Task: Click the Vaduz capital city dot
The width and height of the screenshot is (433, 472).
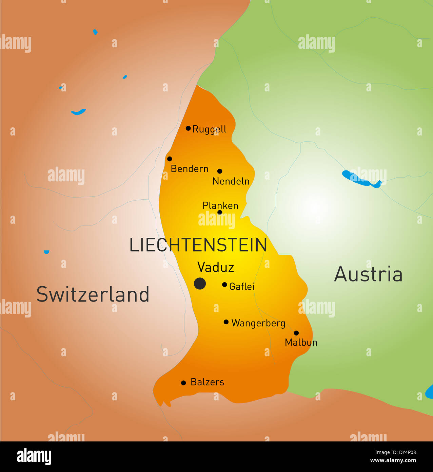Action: coord(200,283)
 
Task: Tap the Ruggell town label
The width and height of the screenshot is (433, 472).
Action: coord(209,129)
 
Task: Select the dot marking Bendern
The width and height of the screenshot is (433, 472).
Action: coord(170,159)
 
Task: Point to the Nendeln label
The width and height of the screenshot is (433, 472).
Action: coord(231,181)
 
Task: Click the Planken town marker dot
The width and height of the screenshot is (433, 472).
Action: coord(220,213)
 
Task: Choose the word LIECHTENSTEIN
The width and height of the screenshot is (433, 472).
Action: coord(198,245)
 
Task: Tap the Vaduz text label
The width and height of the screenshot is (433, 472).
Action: coord(216,268)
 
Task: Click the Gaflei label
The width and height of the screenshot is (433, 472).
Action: coord(242,287)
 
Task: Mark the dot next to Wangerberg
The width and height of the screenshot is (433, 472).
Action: coord(226,322)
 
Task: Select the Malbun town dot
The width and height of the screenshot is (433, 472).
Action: coord(296,333)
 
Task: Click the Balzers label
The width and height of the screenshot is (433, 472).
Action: coord(207,382)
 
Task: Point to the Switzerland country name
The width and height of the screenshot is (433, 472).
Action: coord(93,294)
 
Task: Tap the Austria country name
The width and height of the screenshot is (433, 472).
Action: coord(368,274)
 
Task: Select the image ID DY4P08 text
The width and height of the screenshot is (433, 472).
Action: coord(395,452)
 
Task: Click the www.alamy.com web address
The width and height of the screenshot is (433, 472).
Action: coord(393,461)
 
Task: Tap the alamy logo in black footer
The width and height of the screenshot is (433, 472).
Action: coord(34,456)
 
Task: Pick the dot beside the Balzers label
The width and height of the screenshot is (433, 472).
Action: coord(183,383)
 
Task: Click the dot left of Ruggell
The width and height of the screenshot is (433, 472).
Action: coord(188,128)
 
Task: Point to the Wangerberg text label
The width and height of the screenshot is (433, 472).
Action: coord(258,323)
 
